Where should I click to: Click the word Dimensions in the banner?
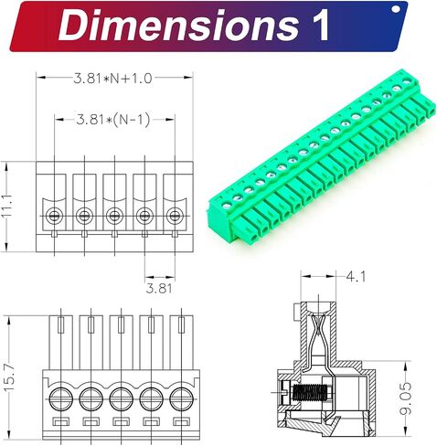178,25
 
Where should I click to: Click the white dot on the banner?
396,9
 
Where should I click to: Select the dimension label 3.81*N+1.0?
112,79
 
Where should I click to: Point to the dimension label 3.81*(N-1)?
113,119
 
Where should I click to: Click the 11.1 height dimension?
6,206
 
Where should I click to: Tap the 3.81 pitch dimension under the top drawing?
159,288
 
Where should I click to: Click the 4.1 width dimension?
356,277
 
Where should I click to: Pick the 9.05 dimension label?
406,398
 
